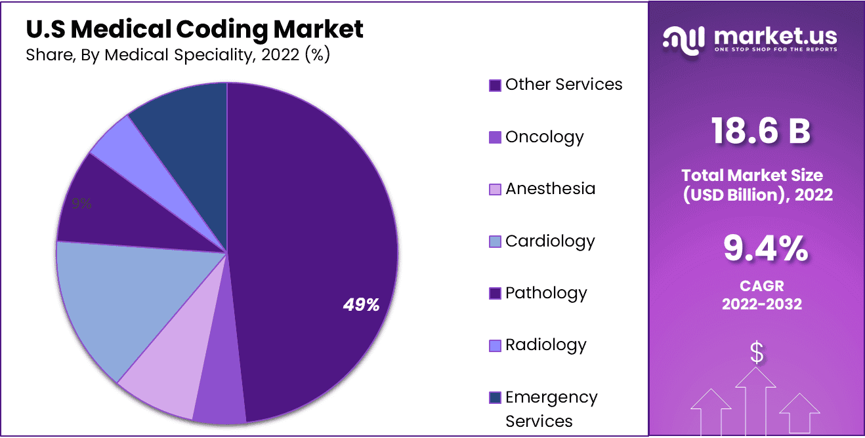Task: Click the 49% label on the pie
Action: point(361,304)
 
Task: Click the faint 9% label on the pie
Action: point(81,204)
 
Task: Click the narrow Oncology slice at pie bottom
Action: point(220,393)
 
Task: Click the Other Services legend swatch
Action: point(496,85)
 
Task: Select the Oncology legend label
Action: point(544,137)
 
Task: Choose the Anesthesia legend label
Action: point(550,189)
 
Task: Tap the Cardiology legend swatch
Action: point(496,241)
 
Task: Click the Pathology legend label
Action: point(546,293)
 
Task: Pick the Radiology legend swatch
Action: point(496,345)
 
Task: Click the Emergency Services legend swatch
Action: point(496,397)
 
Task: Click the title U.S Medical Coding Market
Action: point(194,29)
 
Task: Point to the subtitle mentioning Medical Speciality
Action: point(178,55)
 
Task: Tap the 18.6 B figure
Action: point(761,131)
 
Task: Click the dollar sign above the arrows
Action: point(757,353)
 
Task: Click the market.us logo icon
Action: point(685,39)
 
